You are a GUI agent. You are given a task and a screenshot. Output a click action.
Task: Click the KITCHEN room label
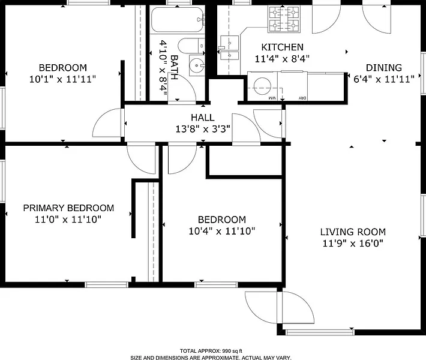tap(282, 47)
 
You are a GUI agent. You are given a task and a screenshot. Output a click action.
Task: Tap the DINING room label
tap(383, 68)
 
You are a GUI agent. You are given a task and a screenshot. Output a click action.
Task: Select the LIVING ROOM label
tap(353, 232)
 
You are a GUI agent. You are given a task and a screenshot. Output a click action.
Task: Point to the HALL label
tap(203, 118)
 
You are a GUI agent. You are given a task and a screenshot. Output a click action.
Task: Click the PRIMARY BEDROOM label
tap(68, 208)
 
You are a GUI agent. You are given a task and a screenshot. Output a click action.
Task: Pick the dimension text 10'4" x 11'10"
tap(222, 231)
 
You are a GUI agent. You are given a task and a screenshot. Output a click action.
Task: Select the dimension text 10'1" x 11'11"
tap(63, 79)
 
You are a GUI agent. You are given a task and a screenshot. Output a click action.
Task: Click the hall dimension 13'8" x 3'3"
tap(203, 129)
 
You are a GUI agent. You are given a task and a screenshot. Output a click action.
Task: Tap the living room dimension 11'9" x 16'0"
tap(353, 243)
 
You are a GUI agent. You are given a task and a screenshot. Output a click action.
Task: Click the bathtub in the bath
tap(178, 20)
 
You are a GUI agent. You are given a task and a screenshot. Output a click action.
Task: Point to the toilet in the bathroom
tap(191, 46)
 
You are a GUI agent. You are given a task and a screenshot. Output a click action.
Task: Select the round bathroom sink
tap(196, 65)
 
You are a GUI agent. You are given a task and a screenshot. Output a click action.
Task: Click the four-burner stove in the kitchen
tap(284, 19)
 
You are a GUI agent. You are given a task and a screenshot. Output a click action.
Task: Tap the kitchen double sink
tap(230, 47)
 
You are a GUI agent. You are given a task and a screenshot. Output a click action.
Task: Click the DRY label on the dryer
tap(302, 98)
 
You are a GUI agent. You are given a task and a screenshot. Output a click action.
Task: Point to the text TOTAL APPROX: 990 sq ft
tap(211, 352)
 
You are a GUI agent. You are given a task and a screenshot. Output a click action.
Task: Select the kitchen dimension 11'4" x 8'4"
tap(282, 59)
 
